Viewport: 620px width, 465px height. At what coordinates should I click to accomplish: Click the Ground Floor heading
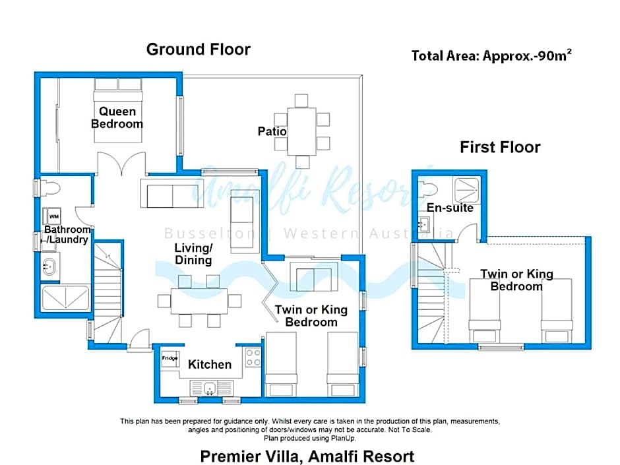[199, 49]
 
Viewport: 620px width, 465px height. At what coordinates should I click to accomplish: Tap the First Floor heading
[500, 147]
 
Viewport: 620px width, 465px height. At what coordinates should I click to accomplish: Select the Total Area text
[491, 55]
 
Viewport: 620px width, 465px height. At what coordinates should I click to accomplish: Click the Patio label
[272, 131]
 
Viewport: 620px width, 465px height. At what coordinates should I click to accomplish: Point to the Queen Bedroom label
[117, 117]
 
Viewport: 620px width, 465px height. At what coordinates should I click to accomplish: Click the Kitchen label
[210, 364]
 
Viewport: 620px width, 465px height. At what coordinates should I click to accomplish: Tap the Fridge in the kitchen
[170, 359]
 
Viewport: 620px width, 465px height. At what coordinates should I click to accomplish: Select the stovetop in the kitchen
[253, 357]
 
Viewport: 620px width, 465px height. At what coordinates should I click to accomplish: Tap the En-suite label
[450, 208]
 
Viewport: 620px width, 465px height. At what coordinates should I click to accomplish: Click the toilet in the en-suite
[427, 189]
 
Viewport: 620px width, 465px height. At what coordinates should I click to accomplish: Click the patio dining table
[301, 131]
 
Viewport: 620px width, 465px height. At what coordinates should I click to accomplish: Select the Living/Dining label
[193, 254]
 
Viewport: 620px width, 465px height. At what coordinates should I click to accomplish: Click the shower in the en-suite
[466, 190]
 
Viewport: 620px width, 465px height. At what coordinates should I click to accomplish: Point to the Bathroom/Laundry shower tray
[66, 297]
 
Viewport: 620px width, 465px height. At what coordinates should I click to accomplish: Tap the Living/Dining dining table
[199, 301]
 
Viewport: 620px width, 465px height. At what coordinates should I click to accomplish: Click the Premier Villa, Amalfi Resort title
[307, 456]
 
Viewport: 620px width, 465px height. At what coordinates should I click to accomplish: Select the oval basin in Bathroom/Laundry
[49, 266]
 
